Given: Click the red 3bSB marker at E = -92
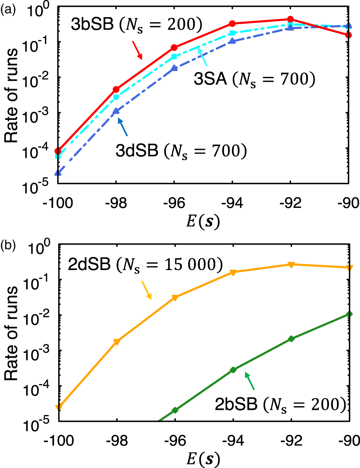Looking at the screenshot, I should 291,19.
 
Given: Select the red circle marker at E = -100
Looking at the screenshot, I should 58,151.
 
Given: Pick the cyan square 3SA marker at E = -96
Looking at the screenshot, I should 174,57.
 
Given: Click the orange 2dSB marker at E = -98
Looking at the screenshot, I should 116,342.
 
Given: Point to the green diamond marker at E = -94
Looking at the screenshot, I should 233,370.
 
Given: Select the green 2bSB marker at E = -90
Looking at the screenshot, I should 349,314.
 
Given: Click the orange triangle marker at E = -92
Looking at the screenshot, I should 291,264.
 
